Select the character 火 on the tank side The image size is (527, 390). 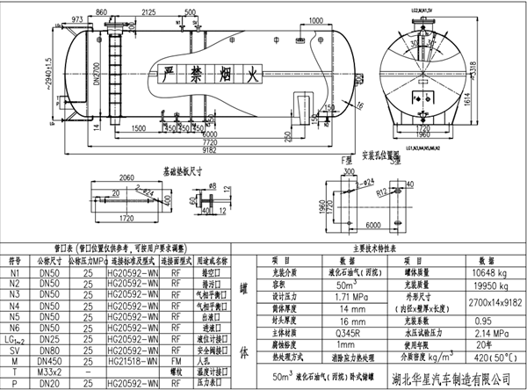click(252, 76)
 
